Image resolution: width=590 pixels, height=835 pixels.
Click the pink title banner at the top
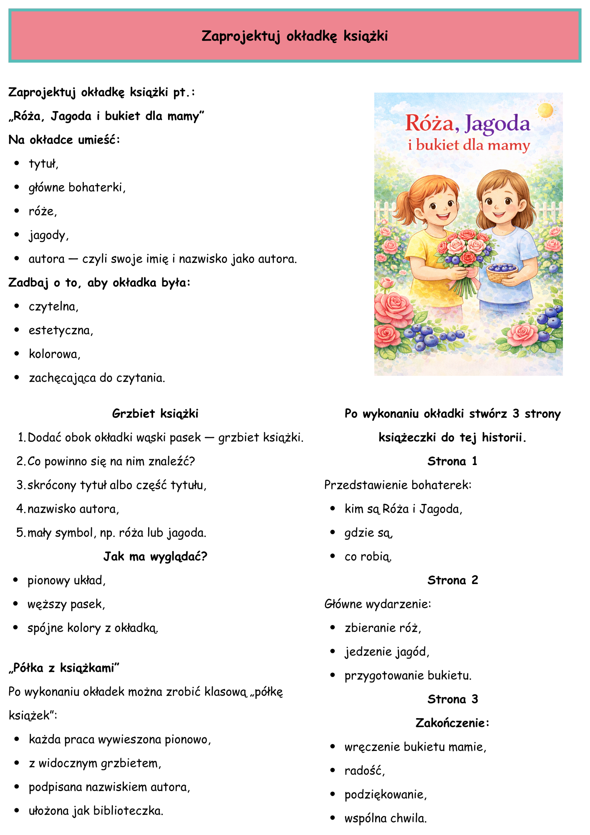(295, 36)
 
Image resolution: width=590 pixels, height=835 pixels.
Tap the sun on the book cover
(545, 110)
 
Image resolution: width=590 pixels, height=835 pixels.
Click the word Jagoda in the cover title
(497, 124)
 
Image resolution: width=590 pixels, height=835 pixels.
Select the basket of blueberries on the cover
(502, 272)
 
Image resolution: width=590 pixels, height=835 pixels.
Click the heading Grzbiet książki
(155, 414)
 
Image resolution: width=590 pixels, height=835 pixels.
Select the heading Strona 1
(452, 461)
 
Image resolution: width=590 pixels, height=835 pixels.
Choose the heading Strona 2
(453, 580)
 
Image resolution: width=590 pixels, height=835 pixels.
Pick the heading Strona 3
(453, 699)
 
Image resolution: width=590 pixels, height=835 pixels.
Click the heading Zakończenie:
(453, 723)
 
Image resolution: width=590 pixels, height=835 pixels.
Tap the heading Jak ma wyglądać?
(155, 557)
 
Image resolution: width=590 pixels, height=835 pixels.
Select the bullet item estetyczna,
(61, 331)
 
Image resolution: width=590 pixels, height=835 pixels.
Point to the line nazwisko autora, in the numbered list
(73, 509)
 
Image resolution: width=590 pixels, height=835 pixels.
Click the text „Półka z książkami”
(64, 668)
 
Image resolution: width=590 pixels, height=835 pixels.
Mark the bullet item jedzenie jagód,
(387, 652)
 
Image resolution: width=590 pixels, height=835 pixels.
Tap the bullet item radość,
(365, 771)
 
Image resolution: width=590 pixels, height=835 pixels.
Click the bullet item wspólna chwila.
(386, 818)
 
